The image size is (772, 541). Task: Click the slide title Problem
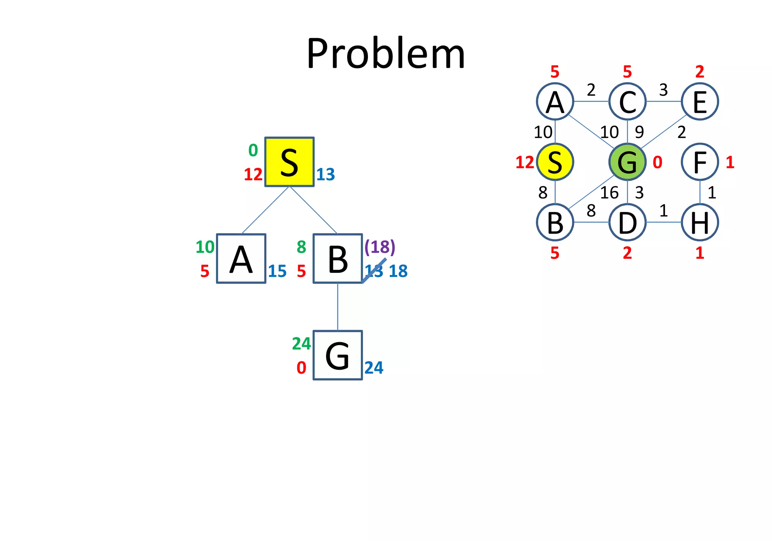(x=386, y=54)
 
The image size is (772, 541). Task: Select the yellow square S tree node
(x=289, y=162)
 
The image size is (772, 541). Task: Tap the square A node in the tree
(x=241, y=259)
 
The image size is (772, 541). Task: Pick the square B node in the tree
(x=338, y=259)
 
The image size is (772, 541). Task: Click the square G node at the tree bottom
(x=338, y=355)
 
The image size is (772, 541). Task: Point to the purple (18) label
(x=380, y=247)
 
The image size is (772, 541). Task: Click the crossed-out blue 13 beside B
(x=374, y=271)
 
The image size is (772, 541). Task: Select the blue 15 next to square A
(x=277, y=271)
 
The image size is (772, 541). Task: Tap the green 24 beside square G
(x=301, y=344)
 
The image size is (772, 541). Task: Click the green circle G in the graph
(x=627, y=162)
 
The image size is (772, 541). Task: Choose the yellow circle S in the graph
(x=555, y=162)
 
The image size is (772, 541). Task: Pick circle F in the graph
(x=700, y=162)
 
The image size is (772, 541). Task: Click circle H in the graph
(x=700, y=222)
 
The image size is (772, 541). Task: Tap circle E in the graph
(x=700, y=101)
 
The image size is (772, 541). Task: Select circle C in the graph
(x=627, y=101)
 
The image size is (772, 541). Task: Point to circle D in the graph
(x=627, y=222)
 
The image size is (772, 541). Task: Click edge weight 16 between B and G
(x=609, y=193)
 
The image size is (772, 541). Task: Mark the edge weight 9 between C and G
(x=639, y=132)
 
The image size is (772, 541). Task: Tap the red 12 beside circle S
(x=525, y=163)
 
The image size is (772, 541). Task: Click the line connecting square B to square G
(x=338, y=307)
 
